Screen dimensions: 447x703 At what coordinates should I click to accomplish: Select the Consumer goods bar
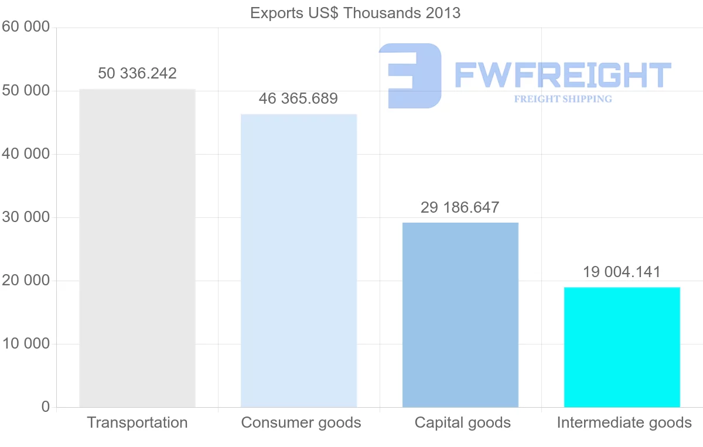299,260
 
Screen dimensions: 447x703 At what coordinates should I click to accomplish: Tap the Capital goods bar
460,315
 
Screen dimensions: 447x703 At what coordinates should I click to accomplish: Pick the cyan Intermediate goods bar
622,347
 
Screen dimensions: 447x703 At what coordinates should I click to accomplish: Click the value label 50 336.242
137,73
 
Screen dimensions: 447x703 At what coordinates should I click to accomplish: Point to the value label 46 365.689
298,98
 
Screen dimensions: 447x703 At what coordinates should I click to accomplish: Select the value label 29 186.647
460,207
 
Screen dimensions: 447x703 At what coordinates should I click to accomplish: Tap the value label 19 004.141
622,272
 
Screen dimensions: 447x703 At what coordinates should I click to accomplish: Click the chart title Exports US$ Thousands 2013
355,13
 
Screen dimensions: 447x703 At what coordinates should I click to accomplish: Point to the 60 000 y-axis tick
25,27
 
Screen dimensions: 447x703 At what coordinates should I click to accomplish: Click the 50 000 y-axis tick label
25,91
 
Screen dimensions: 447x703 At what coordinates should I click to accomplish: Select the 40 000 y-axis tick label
25,154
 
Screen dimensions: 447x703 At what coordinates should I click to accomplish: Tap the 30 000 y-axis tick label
25,217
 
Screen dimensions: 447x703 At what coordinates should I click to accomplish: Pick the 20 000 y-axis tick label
25,281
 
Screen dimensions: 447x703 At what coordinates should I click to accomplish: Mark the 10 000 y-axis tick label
25,344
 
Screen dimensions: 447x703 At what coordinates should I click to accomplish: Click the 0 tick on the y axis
46,407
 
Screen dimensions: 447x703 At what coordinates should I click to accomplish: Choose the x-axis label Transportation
137,422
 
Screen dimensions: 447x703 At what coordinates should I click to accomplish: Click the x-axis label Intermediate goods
624,422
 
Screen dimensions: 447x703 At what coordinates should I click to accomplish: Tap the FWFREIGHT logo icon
410,76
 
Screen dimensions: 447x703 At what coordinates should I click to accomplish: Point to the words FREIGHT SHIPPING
563,99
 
